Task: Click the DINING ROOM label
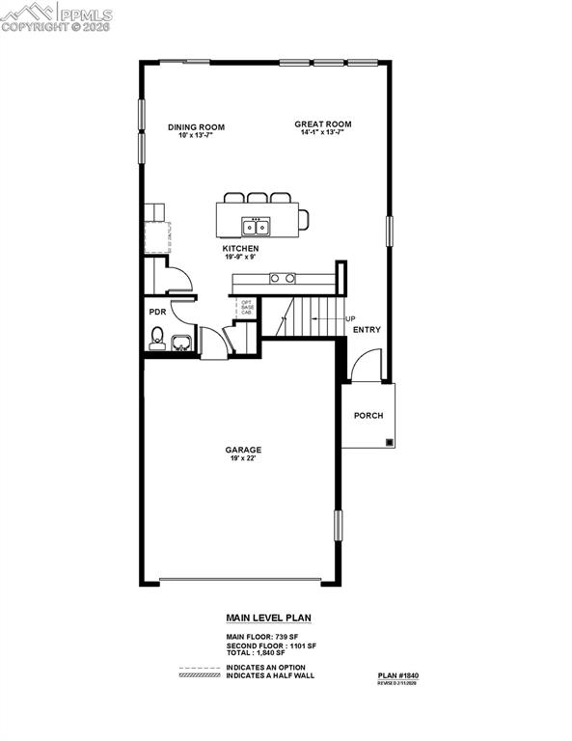click(x=196, y=126)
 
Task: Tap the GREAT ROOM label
click(x=322, y=123)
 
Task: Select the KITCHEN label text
click(x=240, y=249)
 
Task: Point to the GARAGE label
click(x=243, y=450)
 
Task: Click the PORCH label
click(x=368, y=416)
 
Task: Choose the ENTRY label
click(x=367, y=330)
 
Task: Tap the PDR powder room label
click(x=156, y=312)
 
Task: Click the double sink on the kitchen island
click(x=256, y=228)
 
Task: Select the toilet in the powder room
click(x=156, y=339)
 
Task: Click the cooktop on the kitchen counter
click(x=282, y=278)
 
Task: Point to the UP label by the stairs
click(x=350, y=319)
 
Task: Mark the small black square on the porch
click(x=389, y=443)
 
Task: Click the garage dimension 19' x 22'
click(x=243, y=459)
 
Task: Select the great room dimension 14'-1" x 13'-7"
click(x=322, y=133)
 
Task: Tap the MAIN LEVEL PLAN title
click(x=268, y=618)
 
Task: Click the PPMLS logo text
click(x=85, y=15)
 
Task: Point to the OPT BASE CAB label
click(x=247, y=308)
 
